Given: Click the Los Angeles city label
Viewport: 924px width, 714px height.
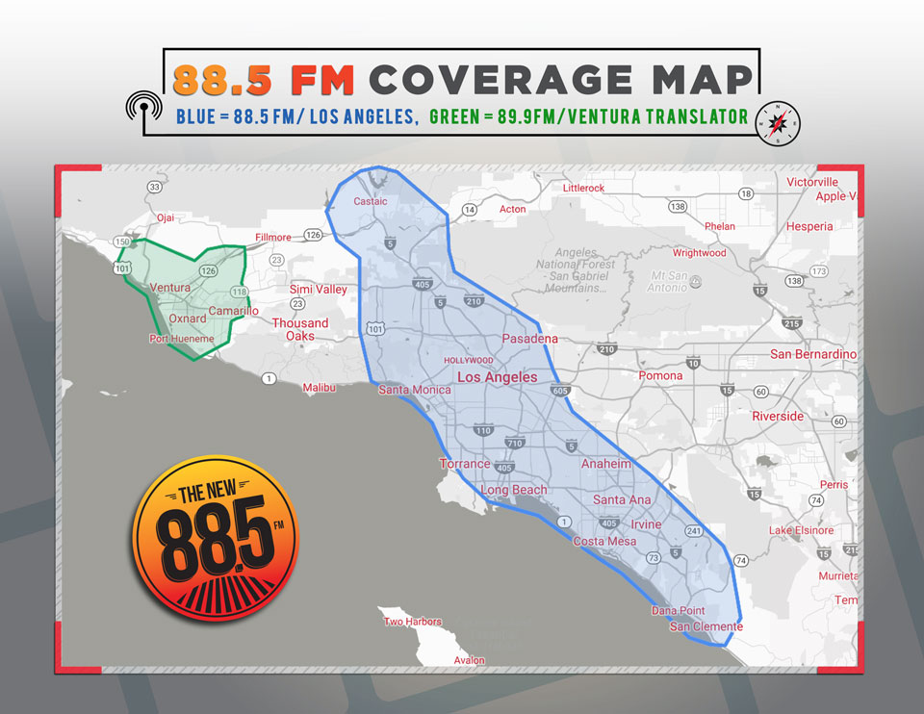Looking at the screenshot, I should [497, 377].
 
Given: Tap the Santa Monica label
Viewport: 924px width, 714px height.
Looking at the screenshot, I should [414, 390].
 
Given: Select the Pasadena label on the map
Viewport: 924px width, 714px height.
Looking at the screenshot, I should [529, 339].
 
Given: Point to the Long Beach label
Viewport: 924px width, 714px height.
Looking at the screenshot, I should [514, 490].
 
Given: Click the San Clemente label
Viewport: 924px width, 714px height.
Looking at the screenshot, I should [706, 626].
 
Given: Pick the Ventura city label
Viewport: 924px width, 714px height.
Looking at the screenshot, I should [170, 288].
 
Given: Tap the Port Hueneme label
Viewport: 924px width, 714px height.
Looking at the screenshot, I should [182, 339].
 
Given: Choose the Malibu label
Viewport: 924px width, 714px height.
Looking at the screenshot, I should [319, 387].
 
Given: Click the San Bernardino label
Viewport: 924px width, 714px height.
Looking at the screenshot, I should [813, 354].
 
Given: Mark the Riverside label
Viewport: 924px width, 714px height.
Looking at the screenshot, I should [778, 416].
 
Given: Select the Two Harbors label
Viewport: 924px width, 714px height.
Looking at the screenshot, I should [413, 622].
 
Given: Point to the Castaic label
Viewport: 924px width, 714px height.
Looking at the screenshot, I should [370, 201].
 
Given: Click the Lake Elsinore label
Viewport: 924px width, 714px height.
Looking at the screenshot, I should [801, 530].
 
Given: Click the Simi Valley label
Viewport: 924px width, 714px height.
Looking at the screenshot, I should [319, 289].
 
